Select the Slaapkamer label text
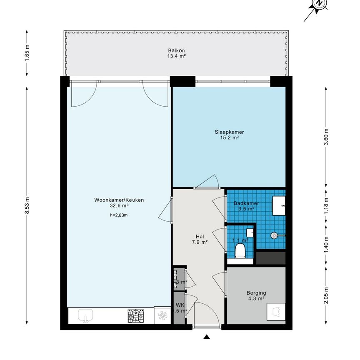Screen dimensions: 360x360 coord(229,132)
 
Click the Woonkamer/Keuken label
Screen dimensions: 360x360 coord(119,200)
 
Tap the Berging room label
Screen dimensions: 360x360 coord(255,293)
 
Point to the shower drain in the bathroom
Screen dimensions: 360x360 coord(274,235)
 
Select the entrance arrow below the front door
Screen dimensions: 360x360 coord(206,337)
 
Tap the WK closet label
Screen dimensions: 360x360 coord(180,305)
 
